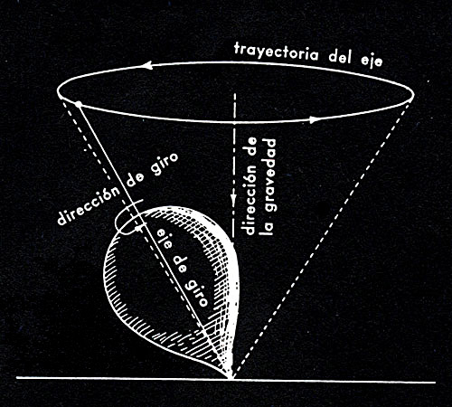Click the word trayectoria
276,53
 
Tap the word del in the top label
341,56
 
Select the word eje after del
372,60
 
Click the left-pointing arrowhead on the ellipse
147,65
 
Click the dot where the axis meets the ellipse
79,104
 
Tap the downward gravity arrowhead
233,200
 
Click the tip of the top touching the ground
231,376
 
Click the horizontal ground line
226,380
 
